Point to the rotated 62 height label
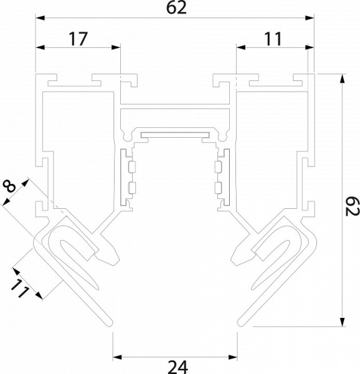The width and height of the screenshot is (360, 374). click(x=349, y=203)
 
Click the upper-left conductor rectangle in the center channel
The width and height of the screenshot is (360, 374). click(x=133, y=166)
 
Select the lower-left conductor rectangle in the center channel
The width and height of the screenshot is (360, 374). click(x=133, y=187)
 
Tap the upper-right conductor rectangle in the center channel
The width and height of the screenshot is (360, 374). click(x=218, y=166)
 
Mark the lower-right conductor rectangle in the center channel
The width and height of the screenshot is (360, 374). click(x=218, y=187)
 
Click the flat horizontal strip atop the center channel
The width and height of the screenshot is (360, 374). click(x=175, y=134)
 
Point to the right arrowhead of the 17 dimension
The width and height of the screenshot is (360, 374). click(x=116, y=47)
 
